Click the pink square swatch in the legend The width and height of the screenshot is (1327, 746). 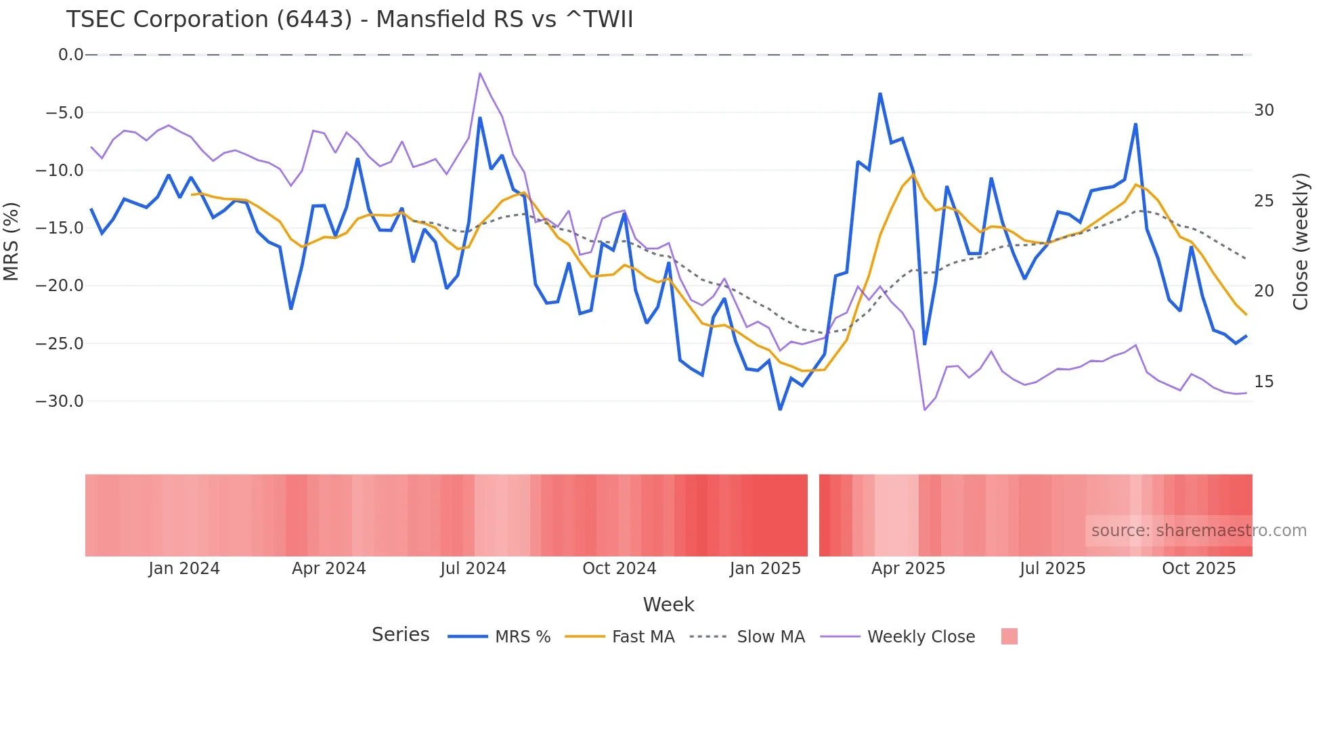click(1009, 636)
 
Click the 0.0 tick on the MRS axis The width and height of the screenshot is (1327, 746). click(70, 55)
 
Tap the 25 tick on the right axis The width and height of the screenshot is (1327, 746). click(1263, 201)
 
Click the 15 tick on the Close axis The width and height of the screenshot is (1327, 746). click(1263, 382)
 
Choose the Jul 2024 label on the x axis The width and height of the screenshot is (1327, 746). click(473, 569)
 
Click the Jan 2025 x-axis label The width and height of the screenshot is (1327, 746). click(765, 569)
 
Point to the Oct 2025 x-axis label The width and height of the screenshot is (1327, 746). click(1198, 569)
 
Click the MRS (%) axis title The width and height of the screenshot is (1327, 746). click(11, 241)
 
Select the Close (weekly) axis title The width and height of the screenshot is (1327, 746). click(1300, 242)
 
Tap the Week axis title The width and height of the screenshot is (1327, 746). click(668, 605)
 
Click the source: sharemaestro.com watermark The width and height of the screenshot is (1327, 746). click(1198, 531)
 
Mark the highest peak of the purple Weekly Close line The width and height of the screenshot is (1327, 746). click(480, 73)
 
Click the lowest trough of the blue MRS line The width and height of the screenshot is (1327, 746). click(780, 410)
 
